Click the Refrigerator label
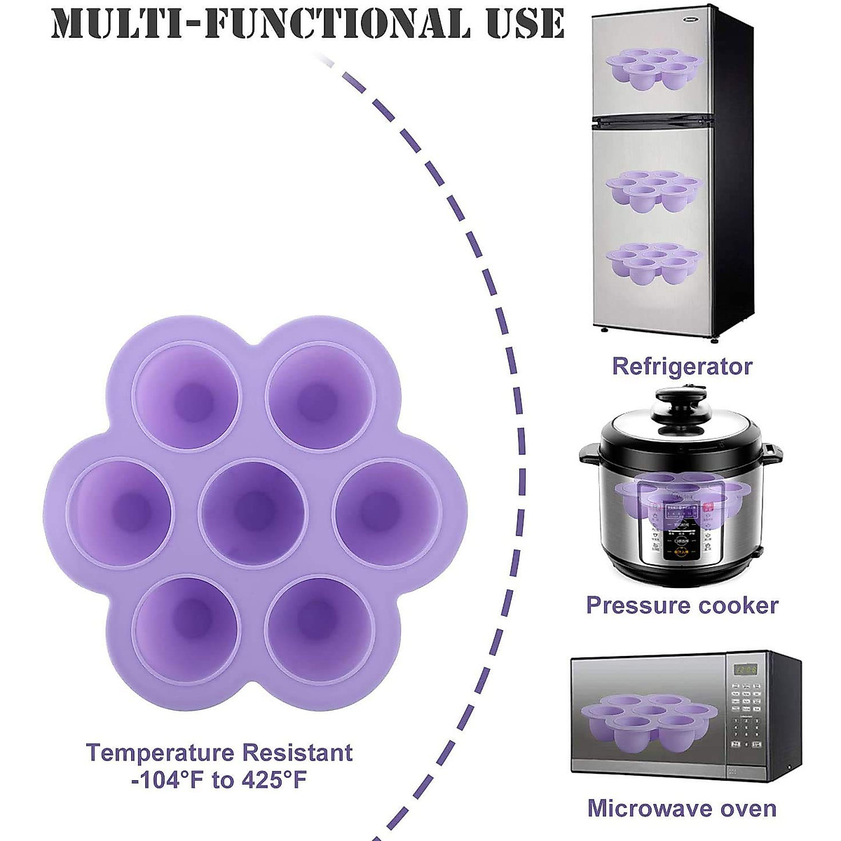[681, 366]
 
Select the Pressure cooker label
[681, 605]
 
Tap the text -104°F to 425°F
[219, 780]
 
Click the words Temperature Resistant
[219, 753]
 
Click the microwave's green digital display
[744, 671]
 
